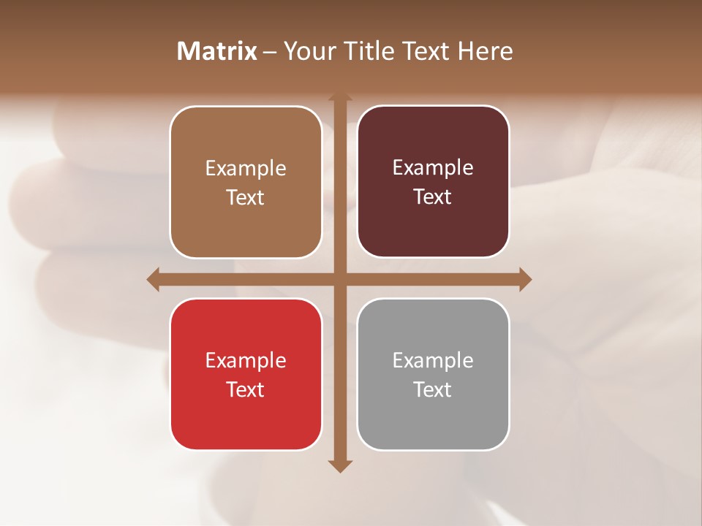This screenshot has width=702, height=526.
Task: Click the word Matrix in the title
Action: [x=217, y=51]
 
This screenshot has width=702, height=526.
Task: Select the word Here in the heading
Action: [x=485, y=51]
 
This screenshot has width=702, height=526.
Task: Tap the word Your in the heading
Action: [x=308, y=51]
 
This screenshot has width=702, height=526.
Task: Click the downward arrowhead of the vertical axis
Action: [x=339, y=466]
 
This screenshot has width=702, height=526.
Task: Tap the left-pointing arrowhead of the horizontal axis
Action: [x=154, y=279]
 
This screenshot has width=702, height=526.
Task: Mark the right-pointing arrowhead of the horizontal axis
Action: [x=525, y=279]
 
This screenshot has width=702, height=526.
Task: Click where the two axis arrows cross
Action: [x=339, y=279]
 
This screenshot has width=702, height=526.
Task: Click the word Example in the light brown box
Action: [x=246, y=169]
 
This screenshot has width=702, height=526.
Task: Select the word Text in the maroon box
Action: [x=433, y=197]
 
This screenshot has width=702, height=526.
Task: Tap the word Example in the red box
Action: [x=246, y=361]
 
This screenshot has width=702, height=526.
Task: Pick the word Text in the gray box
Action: [x=433, y=389]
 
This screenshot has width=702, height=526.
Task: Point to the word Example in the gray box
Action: [x=433, y=361]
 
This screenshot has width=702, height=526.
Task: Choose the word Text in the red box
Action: [x=246, y=389]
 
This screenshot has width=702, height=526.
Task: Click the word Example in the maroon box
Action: [x=433, y=168]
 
